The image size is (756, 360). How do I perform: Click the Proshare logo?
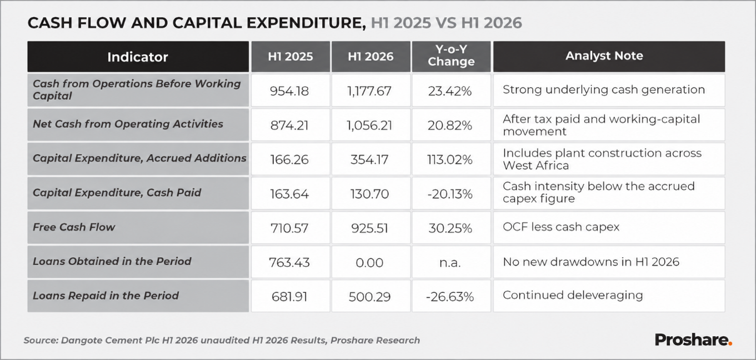point(693,340)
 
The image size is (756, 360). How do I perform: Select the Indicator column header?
point(138,57)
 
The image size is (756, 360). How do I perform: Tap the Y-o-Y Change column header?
point(451,56)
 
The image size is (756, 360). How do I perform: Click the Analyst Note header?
point(604,56)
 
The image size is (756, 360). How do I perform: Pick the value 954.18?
point(289,91)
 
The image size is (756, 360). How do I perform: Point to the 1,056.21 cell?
point(369,126)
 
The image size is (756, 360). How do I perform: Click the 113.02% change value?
point(450,159)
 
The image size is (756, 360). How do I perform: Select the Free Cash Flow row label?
point(74,227)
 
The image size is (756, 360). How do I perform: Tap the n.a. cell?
point(450,262)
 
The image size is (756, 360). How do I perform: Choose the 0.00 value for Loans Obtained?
point(369,262)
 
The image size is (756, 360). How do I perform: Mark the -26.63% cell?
point(450,297)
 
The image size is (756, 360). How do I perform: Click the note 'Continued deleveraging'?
point(573,295)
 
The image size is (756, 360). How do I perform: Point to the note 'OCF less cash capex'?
point(561,227)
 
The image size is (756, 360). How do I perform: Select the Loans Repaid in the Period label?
point(106,296)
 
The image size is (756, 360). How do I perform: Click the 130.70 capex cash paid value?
point(369,194)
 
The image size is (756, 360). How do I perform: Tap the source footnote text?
point(222,341)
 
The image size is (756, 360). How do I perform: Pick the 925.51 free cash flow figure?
point(369,228)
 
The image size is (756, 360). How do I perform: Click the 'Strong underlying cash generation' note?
point(604,90)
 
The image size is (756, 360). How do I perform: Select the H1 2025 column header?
point(291,57)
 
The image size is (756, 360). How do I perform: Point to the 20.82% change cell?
point(450,126)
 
